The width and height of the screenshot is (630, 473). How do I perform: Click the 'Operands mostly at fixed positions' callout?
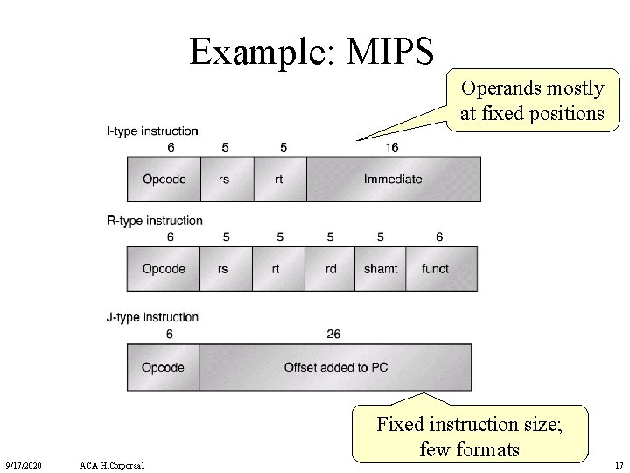coord(532,102)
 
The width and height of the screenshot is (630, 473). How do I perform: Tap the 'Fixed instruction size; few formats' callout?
coord(471,436)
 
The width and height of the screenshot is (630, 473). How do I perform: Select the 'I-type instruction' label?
coord(152,131)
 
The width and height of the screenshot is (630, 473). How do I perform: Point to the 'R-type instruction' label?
coord(154,221)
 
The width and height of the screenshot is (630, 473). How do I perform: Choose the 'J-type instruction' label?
coord(152,317)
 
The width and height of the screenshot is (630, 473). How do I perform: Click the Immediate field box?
coord(393,179)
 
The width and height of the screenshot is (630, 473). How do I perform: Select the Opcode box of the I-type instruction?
coord(164,179)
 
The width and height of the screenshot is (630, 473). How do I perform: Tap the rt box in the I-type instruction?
coord(279,179)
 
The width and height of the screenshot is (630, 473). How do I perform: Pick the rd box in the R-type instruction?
coord(330,269)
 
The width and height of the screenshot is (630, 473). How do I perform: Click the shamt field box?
coord(381,269)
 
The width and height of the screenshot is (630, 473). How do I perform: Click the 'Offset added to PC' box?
coord(336,367)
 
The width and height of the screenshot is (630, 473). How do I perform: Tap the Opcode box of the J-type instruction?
coord(163,367)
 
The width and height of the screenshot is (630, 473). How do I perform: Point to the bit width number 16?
coord(391,147)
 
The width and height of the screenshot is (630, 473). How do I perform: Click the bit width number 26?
coord(332,334)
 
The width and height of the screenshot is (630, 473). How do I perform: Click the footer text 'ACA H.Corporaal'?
coord(111,464)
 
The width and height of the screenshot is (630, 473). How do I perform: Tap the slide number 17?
coord(619,464)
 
